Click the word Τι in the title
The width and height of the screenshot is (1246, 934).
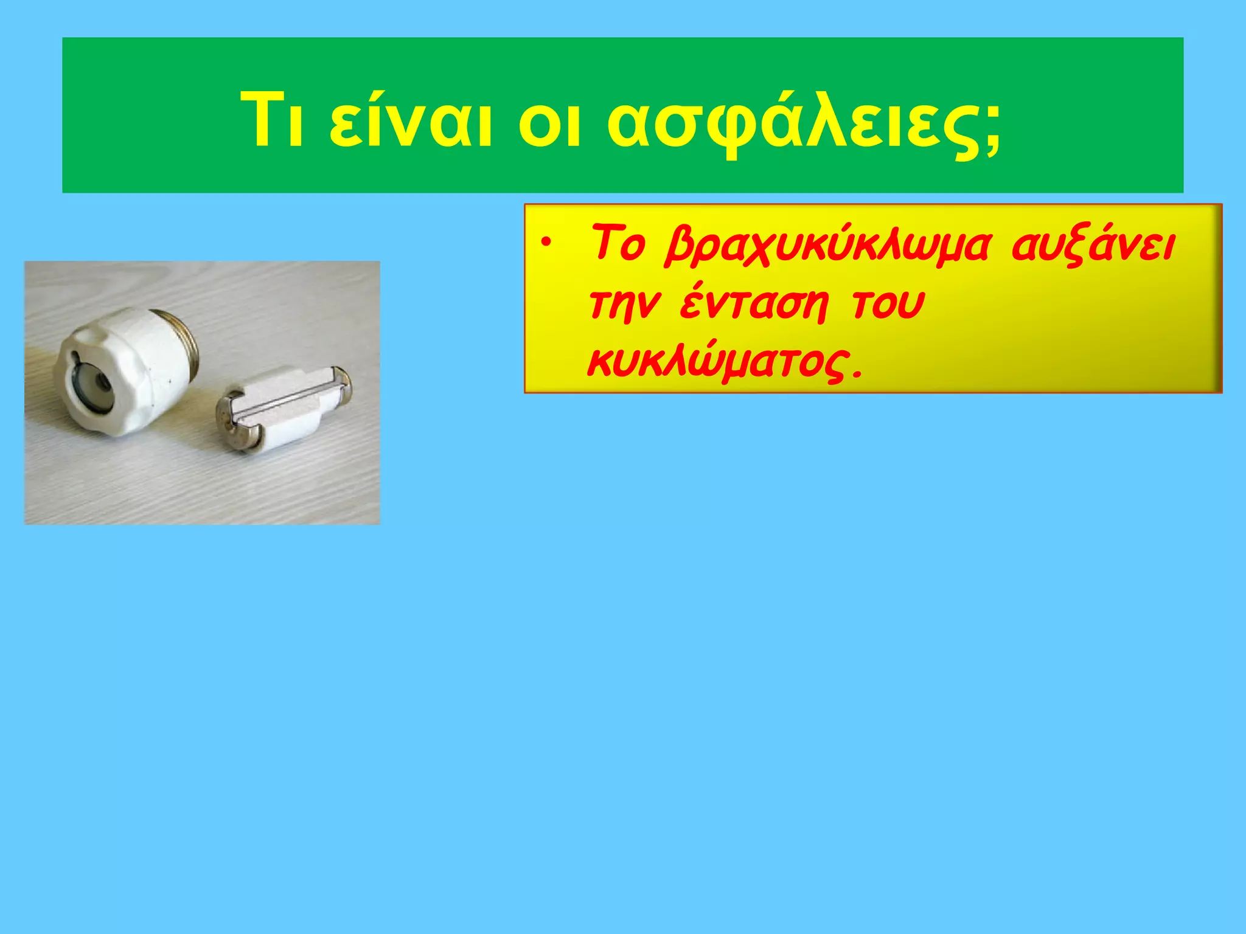coord(272,120)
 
